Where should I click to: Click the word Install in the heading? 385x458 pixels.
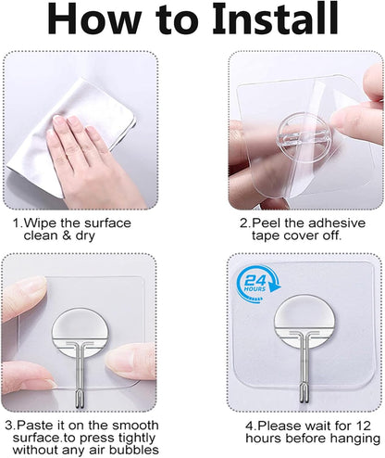pyautogui.click(x=248, y=21)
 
